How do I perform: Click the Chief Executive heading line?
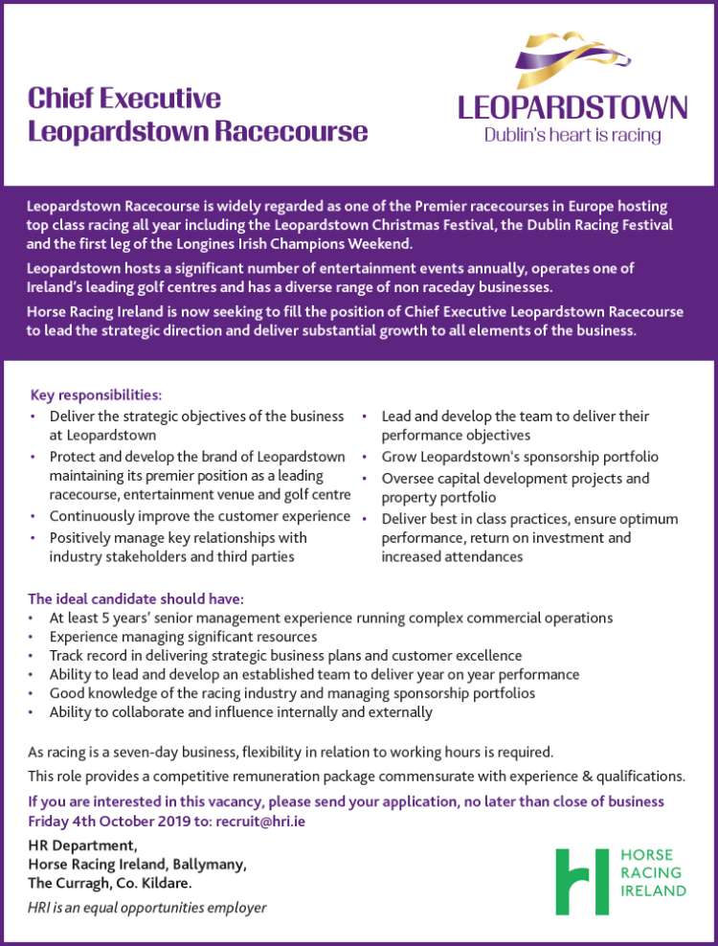124,98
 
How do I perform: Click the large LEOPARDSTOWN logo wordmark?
572,106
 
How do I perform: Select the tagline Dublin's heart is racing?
572,135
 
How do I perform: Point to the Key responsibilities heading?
96,394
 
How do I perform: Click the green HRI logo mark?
582,881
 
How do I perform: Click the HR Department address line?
83,845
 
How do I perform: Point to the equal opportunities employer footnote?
147,907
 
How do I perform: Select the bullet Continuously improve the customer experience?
200,517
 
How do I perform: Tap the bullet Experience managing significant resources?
183,637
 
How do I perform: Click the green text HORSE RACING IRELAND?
653,872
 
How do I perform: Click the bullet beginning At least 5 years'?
331,618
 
